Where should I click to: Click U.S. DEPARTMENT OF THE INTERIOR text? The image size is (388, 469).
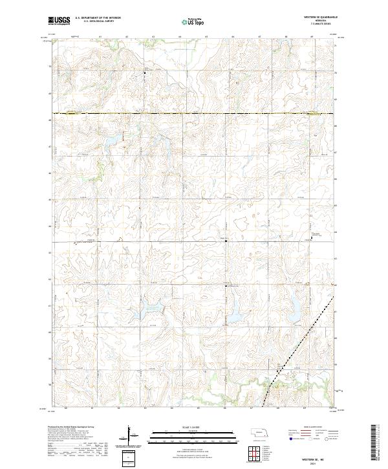[x=98, y=18]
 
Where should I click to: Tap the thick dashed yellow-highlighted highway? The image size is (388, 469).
[x=194, y=114]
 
